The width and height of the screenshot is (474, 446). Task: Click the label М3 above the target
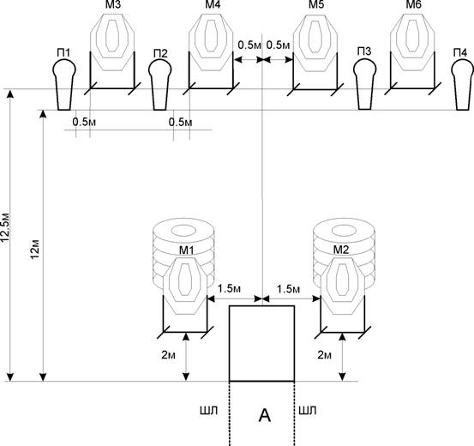tap(113, 5)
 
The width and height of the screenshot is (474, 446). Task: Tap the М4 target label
tap(213, 5)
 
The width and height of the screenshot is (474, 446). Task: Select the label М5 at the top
tap(316, 5)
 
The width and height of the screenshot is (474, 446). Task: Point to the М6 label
tap(413, 5)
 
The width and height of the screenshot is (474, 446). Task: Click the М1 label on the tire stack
tap(187, 250)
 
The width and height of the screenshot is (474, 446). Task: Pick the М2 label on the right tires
tap(341, 250)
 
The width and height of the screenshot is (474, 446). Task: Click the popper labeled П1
tap(64, 84)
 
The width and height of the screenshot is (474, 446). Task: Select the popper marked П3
tap(365, 84)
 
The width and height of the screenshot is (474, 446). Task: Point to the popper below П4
tap(463, 84)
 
